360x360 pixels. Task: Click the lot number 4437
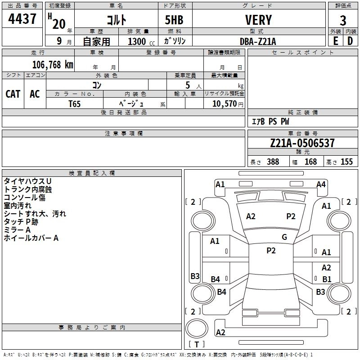click(22, 19)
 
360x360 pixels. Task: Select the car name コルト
click(117, 20)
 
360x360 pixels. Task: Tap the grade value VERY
click(258, 20)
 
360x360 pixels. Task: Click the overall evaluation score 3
click(343, 20)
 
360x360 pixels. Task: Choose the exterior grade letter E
click(336, 41)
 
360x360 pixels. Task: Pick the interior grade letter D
click(350, 41)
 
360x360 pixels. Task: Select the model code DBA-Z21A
click(258, 41)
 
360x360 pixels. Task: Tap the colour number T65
click(75, 103)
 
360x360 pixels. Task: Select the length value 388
click(273, 162)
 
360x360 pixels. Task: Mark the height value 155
click(346, 162)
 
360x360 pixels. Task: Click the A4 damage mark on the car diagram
click(321, 184)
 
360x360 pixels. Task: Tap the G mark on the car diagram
click(284, 237)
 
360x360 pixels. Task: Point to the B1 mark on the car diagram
click(327, 279)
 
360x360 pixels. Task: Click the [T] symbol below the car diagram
click(197, 344)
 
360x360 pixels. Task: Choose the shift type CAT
click(13, 94)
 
